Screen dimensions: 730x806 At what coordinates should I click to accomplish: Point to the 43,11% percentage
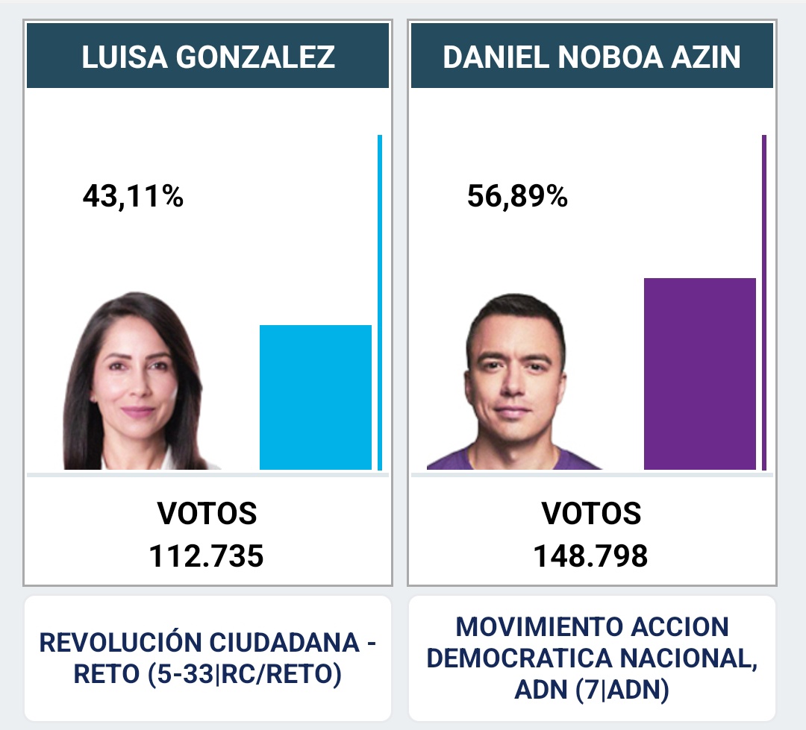(133, 197)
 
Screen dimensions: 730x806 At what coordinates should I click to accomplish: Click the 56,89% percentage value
(517, 197)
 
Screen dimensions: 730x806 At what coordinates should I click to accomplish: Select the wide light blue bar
(315, 397)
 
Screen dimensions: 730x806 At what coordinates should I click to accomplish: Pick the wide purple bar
(699, 373)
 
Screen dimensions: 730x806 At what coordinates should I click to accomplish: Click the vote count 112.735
(207, 556)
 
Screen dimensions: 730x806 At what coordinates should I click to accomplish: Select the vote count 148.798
(591, 556)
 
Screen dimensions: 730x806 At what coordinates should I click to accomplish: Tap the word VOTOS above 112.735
(207, 514)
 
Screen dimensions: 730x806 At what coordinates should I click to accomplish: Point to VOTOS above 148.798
(591, 514)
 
